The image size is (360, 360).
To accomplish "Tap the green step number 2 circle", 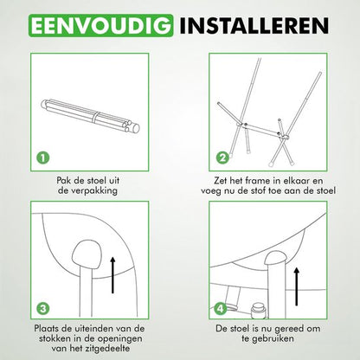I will click(x=222, y=158).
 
